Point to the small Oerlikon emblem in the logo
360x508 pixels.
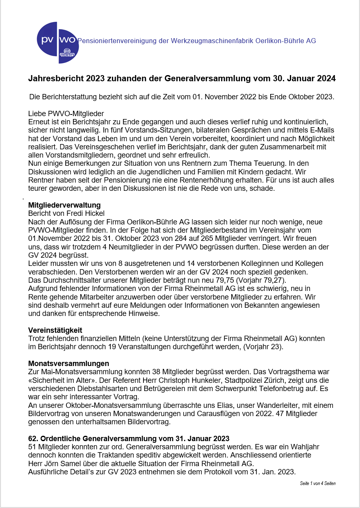[x=67, y=54]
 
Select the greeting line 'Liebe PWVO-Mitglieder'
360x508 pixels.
[x=66, y=114]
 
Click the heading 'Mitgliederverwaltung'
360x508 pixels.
[x=64, y=205]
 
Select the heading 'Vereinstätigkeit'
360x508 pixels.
[x=55, y=330]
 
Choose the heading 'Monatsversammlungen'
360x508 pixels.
[x=68, y=364]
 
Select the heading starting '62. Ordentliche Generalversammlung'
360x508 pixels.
[x=128, y=438]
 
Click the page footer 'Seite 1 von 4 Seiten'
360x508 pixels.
[x=317, y=483]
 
